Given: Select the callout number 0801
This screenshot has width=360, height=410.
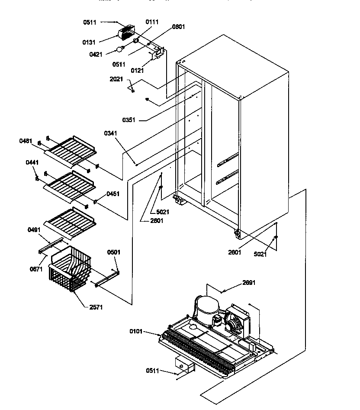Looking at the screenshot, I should click(x=178, y=27).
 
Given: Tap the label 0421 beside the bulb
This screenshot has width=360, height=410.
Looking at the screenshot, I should click(x=96, y=54).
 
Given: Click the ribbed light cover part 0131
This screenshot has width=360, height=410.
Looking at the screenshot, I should click(x=126, y=32).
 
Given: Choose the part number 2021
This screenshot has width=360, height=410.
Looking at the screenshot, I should click(x=116, y=79).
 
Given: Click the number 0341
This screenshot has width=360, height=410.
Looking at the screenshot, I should click(x=110, y=133).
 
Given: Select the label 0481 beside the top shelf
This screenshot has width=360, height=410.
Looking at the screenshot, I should click(x=26, y=141).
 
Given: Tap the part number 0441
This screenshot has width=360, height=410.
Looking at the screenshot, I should click(x=32, y=162).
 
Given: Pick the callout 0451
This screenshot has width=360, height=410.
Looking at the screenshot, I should click(x=113, y=194).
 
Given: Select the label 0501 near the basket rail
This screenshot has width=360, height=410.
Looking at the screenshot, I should click(x=114, y=252).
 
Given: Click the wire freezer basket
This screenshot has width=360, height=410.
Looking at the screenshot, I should click(x=72, y=268).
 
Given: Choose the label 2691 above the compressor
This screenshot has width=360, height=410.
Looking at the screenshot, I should click(x=249, y=283).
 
